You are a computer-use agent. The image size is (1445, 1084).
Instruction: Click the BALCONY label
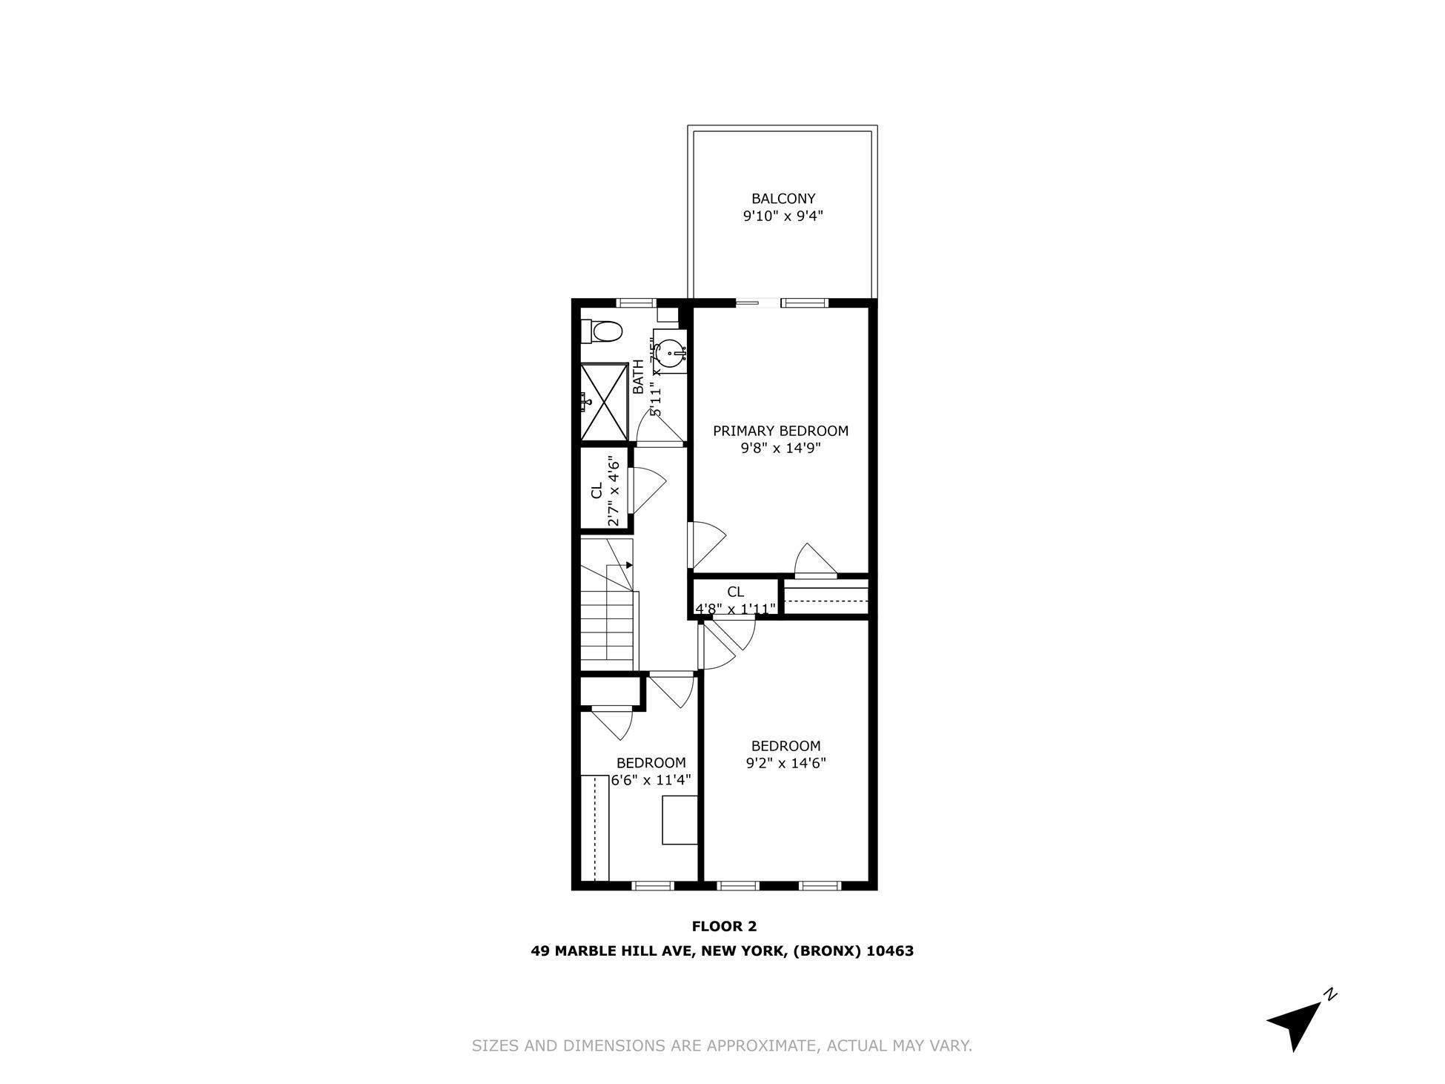pyautogui.click(x=783, y=199)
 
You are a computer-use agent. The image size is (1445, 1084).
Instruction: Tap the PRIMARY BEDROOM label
pyautogui.click(x=780, y=431)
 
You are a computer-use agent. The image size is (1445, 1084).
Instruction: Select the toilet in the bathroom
pyautogui.click(x=602, y=331)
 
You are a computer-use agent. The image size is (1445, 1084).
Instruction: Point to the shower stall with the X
pyautogui.click(x=604, y=403)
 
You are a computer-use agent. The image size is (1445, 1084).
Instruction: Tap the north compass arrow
pyautogui.click(x=1299, y=1022)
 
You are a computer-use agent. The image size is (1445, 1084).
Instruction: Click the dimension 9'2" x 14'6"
pyautogui.click(x=785, y=763)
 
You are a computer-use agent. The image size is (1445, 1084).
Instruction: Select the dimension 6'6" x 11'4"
pyautogui.click(x=651, y=780)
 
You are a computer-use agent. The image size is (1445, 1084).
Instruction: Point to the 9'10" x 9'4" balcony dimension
pyautogui.click(x=783, y=217)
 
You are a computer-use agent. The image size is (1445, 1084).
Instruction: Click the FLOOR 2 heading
pyautogui.click(x=723, y=926)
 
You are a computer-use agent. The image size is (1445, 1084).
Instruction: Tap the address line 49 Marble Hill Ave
pyautogui.click(x=722, y=951)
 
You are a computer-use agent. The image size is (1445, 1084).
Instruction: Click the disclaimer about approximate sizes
pyautogui.click(x=722, y=1046)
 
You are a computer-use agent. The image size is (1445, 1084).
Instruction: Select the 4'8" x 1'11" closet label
pyautogui.click(x=735, y=609)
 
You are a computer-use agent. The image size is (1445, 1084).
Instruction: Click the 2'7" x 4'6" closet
pyautogui.click(x=604, y=490)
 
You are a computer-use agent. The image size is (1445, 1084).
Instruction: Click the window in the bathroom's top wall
pyautogui.click(x=637, y=303)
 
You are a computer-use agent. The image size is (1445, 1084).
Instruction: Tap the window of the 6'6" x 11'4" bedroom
pyautogui.click(x=652, y=885)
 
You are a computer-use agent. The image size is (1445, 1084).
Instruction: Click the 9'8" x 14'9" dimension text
pyautogui.click(x=780, y=448)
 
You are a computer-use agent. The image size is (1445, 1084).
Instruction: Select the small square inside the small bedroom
pyautogui.click(x=680, y=819)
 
